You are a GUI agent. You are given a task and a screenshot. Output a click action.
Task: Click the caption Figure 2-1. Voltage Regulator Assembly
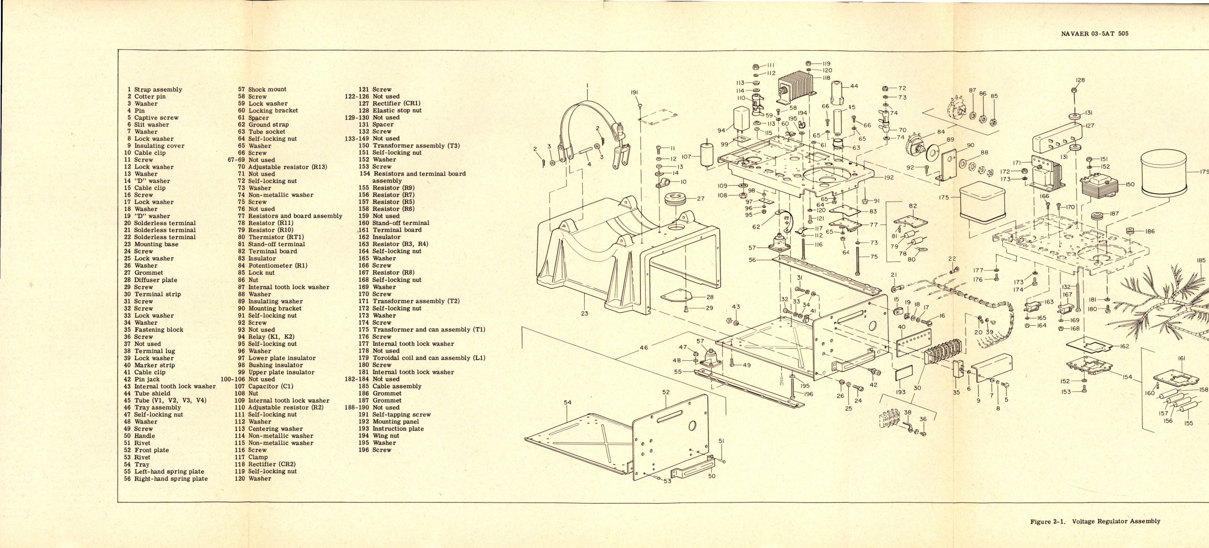coord(1095,521)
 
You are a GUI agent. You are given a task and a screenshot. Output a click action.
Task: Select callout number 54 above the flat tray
coord(568,402)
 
